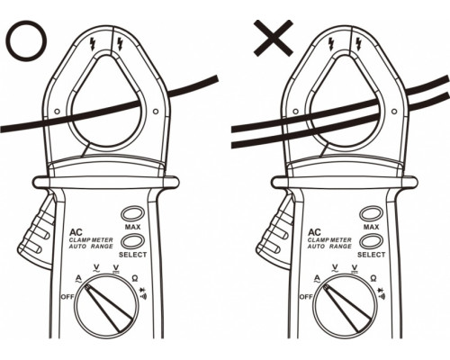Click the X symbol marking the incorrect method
point(274,38)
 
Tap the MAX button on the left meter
point(132,214)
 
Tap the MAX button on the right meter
point(371,214)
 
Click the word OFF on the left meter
point(67,297)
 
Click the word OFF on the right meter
point(306,297)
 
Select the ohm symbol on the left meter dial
point(135,278)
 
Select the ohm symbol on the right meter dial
point(373,278)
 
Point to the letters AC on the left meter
point(76,232)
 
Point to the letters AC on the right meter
point(314,232)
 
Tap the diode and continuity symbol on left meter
point(143,293)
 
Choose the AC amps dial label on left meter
point(78,280)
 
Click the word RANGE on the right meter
point(340,247)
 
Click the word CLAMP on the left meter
point(79,240)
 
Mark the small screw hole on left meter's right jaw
point(156,112)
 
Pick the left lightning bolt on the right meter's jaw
point(331,44)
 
